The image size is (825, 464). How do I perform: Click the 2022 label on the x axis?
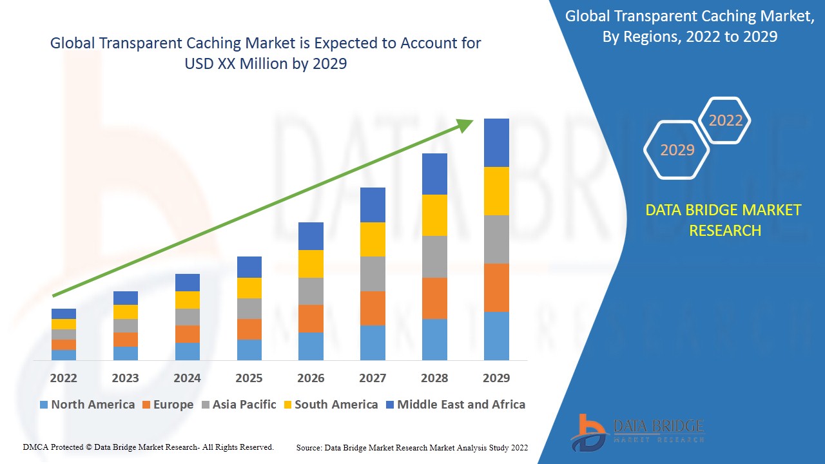pos(63,378)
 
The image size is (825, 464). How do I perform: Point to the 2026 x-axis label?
pos(311,378)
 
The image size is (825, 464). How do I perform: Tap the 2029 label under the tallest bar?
pos(496,378)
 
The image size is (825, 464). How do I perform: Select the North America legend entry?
pos(87,405)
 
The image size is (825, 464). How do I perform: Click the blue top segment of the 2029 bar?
pos(496,142)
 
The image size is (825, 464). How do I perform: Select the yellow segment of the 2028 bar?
pos(434,215)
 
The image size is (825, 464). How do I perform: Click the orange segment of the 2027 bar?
pos(373,308)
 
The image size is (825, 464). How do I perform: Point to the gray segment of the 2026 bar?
pos(311,291)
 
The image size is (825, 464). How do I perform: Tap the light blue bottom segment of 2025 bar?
pos(249,349)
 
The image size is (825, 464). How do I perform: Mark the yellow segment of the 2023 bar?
pos(125,311)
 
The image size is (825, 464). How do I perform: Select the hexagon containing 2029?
pos(677,150)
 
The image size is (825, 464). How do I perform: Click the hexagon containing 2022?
pos(726,121)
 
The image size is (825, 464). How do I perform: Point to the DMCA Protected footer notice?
pos(148,447)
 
